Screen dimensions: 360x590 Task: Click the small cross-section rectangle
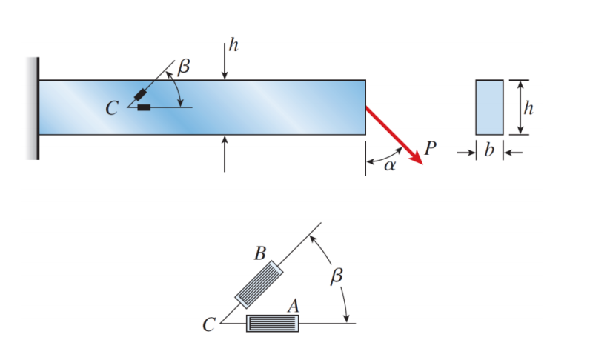488,107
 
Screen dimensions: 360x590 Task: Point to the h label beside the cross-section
528,107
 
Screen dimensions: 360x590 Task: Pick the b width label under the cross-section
488,151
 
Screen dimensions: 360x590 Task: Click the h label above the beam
233,46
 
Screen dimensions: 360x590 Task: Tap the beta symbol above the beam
183,67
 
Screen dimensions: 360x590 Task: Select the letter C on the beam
111,109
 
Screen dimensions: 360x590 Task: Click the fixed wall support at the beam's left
33,108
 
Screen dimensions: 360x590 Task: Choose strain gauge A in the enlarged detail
272,324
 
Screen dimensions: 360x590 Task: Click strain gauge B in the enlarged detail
259,284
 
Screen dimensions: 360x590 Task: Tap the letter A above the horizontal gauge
292,305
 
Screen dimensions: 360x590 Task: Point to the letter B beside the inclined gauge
259,253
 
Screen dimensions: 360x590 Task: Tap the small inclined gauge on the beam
140,95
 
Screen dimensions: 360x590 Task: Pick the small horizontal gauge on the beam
144,108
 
